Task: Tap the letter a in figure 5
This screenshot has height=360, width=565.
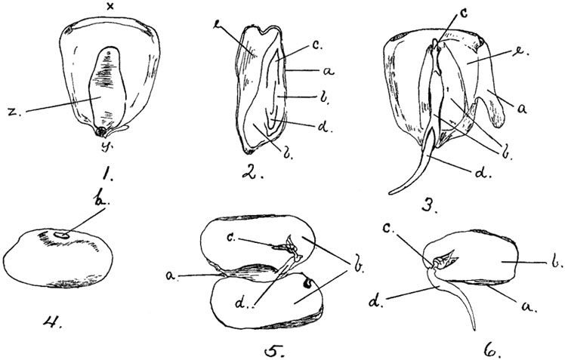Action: click(x=173, y=278)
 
